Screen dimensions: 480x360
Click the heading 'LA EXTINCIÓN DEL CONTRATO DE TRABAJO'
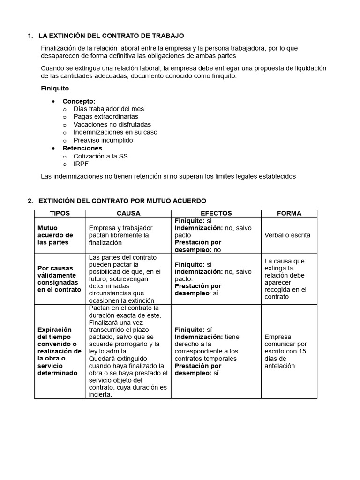click(111, 36)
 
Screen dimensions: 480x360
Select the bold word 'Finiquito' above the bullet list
click(55, 88)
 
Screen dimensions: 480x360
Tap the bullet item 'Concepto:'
click(79, 101)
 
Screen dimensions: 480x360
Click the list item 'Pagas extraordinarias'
click(105, 116)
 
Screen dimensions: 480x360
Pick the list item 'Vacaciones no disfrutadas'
click(112, 124)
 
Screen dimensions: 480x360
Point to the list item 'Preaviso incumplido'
click(103, 140)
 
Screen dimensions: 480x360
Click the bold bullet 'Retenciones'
click(82, 148)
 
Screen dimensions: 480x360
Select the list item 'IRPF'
click(81, 164)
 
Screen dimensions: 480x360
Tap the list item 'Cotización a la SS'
click(101, 156)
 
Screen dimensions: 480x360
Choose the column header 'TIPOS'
click(60, 213)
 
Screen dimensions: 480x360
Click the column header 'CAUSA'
click(128, 213)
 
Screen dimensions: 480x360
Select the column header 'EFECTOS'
click(216, 213)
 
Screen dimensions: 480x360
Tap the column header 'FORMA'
click(289, 213)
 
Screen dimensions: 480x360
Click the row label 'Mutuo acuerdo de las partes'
click(55, 235)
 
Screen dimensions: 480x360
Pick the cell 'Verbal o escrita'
click(287, 235)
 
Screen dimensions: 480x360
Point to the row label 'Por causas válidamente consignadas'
click(59, 279)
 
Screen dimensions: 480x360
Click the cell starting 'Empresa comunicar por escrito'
click(285, 351)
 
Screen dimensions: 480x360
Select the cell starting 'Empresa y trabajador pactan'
click(120, 235)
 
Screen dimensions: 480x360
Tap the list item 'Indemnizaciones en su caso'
click(115, 132)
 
